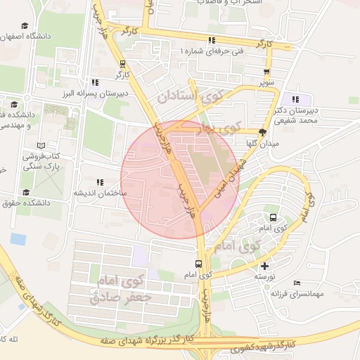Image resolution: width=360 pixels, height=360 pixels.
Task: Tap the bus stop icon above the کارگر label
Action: [124, 62]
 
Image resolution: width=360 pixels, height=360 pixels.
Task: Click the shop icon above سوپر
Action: [266, 72]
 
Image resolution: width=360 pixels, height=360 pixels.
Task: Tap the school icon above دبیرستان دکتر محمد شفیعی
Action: [296, 99]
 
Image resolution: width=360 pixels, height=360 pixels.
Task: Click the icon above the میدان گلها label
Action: [262, 131]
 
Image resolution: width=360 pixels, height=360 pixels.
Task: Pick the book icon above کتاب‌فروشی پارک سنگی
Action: [31, 145]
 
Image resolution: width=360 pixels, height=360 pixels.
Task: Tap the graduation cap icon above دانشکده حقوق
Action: [26, 192]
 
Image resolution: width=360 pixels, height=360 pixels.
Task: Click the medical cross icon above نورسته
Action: [264, 266]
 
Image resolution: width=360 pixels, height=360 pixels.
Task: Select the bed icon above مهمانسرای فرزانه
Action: [296, 283]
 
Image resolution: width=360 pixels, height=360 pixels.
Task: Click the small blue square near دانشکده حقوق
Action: [18, 239]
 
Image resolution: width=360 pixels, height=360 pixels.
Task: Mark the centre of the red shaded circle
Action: [180, 179]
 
